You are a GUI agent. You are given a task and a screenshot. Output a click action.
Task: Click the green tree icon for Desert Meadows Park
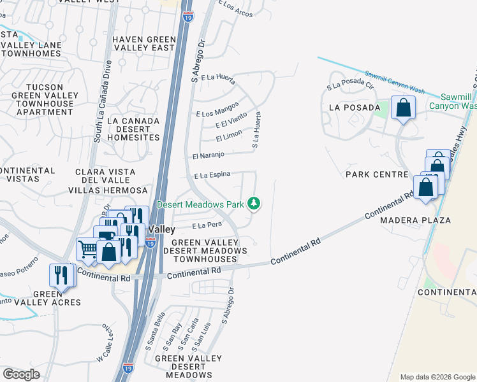(x=254, y=204)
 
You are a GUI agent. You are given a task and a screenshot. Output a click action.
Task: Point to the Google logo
(x=21, y=374)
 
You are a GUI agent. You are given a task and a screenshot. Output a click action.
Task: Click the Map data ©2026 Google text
(x=437, y=377)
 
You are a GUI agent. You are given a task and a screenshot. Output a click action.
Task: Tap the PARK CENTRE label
(x=376, y=174)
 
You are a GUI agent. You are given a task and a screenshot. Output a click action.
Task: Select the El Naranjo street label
(x=208, y=155)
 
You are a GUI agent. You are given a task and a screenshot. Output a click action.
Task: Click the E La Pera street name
(x=207, y=226)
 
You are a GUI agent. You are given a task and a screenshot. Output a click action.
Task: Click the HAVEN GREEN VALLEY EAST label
(x=143, y=43)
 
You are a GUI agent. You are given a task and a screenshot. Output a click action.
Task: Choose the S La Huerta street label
(x=256, y=131)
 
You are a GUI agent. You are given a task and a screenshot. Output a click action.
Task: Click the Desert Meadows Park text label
(x=201, y=205)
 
